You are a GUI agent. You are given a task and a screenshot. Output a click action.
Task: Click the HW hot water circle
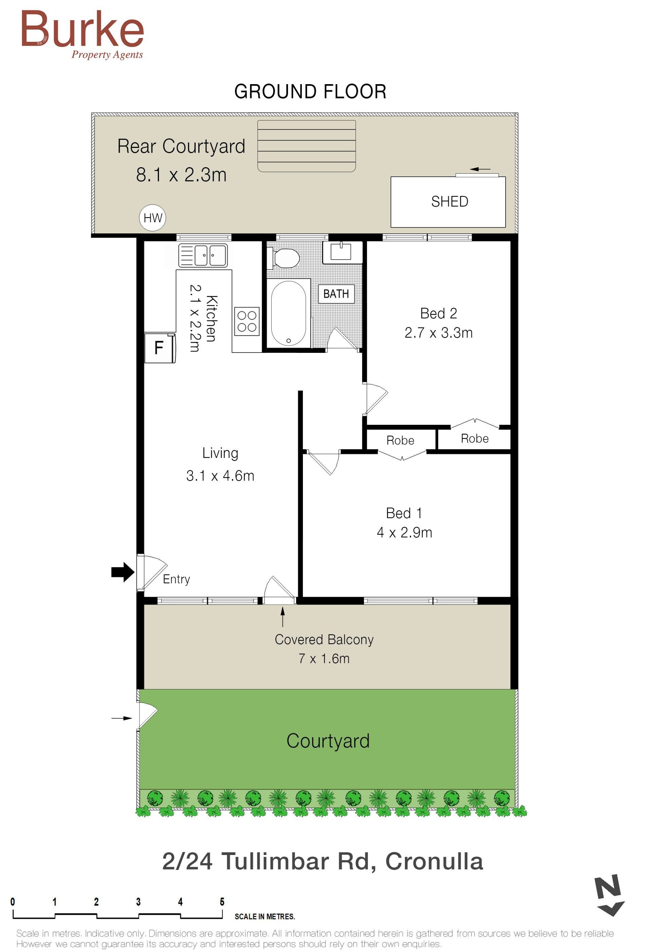(152, 218)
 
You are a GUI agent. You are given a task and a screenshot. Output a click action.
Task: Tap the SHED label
(450, 202)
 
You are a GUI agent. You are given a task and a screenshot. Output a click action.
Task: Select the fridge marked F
(160, 348)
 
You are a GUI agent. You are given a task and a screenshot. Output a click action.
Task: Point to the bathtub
(288, 313)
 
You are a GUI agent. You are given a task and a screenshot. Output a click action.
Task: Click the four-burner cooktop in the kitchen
(247, 321)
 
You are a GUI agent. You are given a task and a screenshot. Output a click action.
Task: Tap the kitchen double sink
(203, 255)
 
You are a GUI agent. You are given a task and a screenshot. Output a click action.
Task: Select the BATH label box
(336, 294)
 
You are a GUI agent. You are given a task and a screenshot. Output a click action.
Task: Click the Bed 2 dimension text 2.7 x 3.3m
(438, 333)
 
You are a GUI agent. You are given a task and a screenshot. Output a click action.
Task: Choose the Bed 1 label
(404, 513)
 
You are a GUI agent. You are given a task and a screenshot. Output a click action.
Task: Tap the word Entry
(176, 579)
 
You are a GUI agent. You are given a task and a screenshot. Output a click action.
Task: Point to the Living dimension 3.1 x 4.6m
(220, 476)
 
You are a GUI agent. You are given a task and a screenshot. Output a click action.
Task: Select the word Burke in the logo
(82, 28)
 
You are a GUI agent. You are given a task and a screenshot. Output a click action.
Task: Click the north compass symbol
(610, 895)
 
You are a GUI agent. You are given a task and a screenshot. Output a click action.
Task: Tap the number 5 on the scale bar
(222, 902)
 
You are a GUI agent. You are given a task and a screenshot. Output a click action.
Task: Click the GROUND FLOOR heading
(310, 92)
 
